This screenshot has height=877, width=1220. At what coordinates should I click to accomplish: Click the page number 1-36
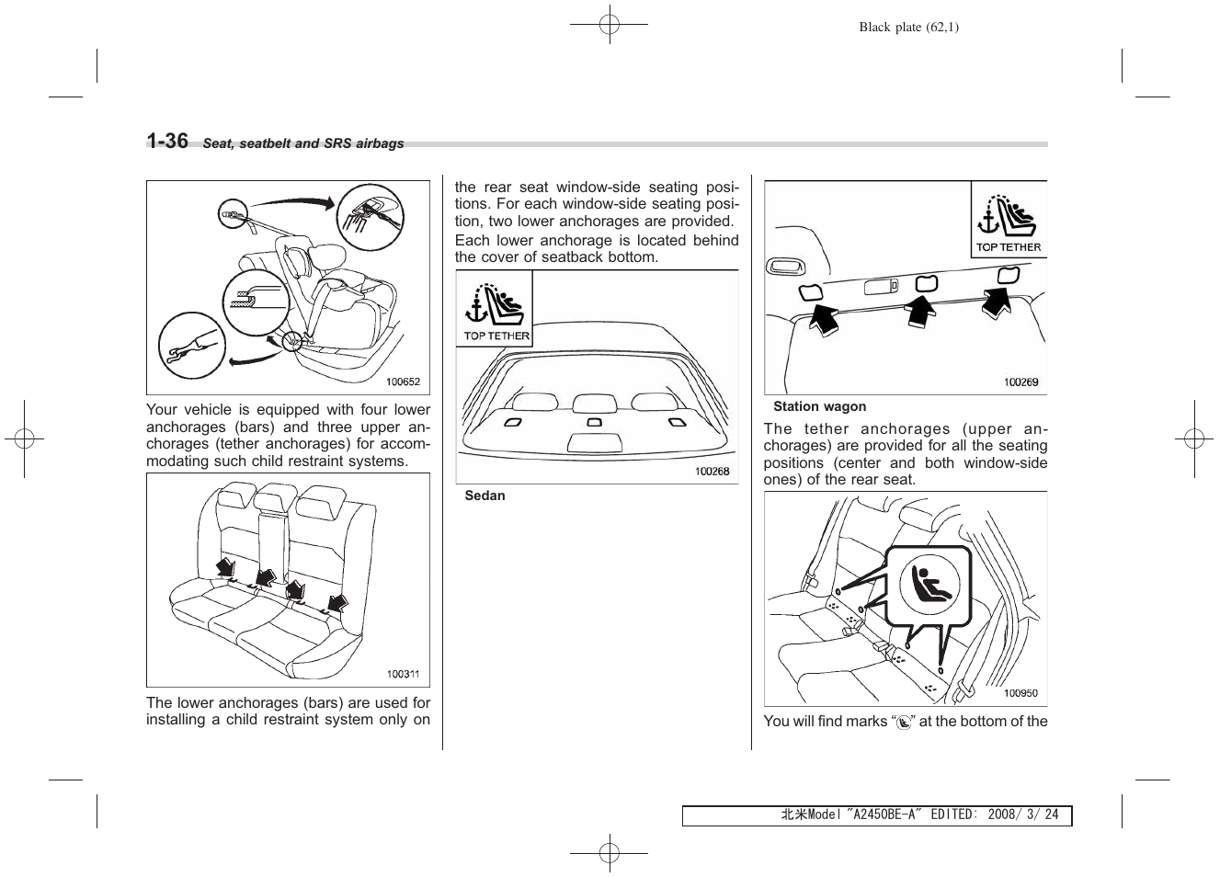[167, 141]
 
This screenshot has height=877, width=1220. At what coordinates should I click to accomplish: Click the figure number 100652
[403, 382]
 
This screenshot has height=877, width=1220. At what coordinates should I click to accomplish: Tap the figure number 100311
[403, 674]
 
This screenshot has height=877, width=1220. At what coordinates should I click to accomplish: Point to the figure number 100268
[712, 471]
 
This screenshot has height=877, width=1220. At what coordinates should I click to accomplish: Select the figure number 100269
[1020, 382]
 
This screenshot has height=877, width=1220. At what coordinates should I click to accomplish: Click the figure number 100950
[1020, 694]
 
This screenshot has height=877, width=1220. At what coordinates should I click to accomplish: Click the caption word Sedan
[485, 495]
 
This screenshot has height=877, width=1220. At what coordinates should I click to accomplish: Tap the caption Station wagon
[819, 406]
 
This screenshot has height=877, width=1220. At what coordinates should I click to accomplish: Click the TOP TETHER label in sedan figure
[496, 336]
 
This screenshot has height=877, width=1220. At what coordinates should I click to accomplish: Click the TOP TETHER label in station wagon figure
[1009, 246]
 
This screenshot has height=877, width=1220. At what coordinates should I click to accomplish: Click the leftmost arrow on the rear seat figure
[225, 568]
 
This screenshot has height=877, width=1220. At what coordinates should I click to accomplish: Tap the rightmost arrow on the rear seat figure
[337, 603]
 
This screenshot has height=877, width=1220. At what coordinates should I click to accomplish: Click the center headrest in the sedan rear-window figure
[593, 403]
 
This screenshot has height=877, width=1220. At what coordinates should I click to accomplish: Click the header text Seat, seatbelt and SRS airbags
[303, 144]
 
